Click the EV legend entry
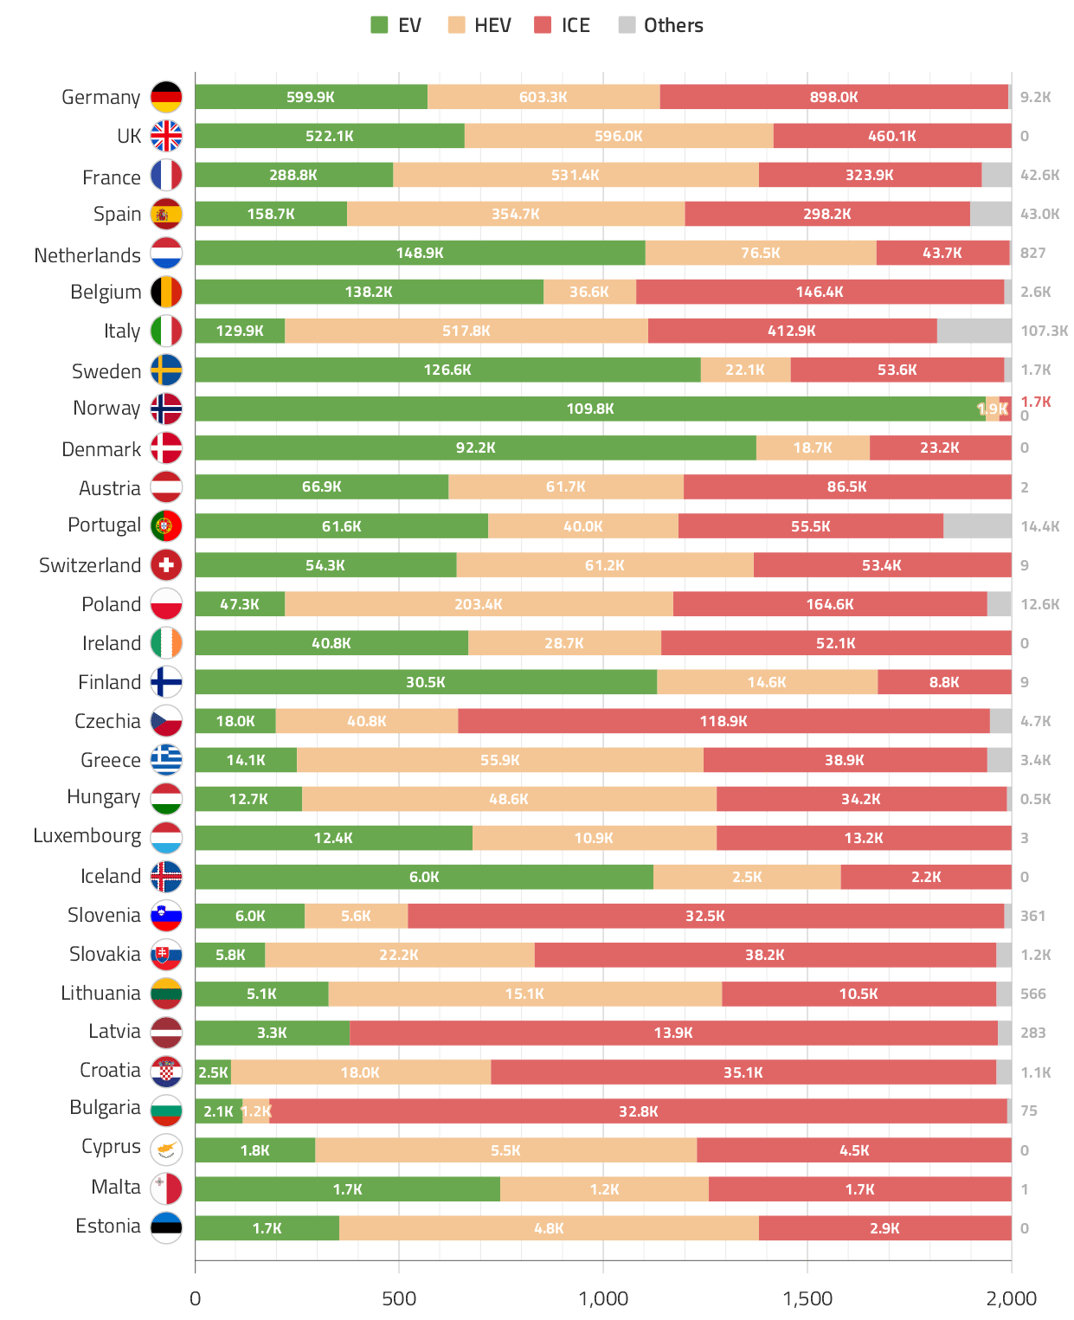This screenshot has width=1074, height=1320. pyautogui.click(x=396, y=25)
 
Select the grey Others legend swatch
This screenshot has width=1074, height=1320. pyautogui.click(x=627, y=25)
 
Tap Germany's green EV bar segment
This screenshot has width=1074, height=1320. pyautogui.click(x=311, y=97)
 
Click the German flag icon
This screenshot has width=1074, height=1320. pyautogui.click(x=166, y=97)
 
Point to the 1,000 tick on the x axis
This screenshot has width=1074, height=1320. pyautogui.click(x=603, y=1298)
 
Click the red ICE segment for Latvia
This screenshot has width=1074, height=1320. pyautogui.click(x=673, y=1033)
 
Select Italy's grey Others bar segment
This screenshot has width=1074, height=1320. pyautogui.click(x=974, y=331)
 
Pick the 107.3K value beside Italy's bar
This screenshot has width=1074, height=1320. pyautogui.click(x=1044, y=331)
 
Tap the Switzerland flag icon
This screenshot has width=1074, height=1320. pyautogui.click(x=166, y=565)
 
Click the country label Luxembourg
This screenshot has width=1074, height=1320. pyautogui.click(x=87, y=836)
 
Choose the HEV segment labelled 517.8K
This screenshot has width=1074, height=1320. pyautogui.click(x=466, y=331)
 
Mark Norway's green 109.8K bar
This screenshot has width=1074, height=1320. pyautogui.click(x=589, y=409)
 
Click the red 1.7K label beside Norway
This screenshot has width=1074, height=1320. pyautogui.click(x=1035, y=402)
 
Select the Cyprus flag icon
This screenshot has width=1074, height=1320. pyautogui.click(x=166, y=1149)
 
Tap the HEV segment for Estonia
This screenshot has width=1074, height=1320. pyautogui.click(x=549, y=1228)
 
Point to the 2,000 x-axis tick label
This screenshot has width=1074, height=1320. pyautogui.click(x=1011, y=1298)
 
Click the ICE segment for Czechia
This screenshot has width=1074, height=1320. pyautogui.click(x=724, y=721)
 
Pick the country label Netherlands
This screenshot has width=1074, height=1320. pyautogui.click(x=87, y=255)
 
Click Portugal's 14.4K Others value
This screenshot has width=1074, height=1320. pyautogui.click(x=1039, y=526)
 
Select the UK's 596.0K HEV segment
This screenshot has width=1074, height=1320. pyautogui.click(x=618, y=136)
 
